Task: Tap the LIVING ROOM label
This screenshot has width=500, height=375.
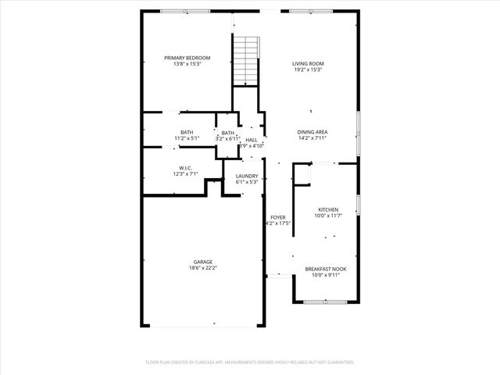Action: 308,63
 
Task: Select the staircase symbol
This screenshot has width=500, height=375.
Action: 247,60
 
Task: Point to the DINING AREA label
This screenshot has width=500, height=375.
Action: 312,132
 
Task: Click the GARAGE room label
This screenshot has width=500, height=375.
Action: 203,262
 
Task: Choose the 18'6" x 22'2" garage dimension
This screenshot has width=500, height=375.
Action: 203,268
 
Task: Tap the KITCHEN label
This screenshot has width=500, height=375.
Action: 328,210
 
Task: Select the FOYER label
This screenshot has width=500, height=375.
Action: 278,217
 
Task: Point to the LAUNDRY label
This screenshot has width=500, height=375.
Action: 247,176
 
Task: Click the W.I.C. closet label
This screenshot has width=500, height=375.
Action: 186,167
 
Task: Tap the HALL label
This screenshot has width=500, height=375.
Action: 252,139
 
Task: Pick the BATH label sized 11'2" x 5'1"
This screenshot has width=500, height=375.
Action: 187,132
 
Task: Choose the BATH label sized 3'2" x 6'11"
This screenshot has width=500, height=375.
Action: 227,133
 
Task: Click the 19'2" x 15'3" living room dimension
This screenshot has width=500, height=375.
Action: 308,70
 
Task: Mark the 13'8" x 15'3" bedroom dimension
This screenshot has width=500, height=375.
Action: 187,64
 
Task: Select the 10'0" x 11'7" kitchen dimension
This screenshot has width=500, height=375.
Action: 328,216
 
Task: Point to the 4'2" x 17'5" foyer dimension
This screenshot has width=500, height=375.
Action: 278,223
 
